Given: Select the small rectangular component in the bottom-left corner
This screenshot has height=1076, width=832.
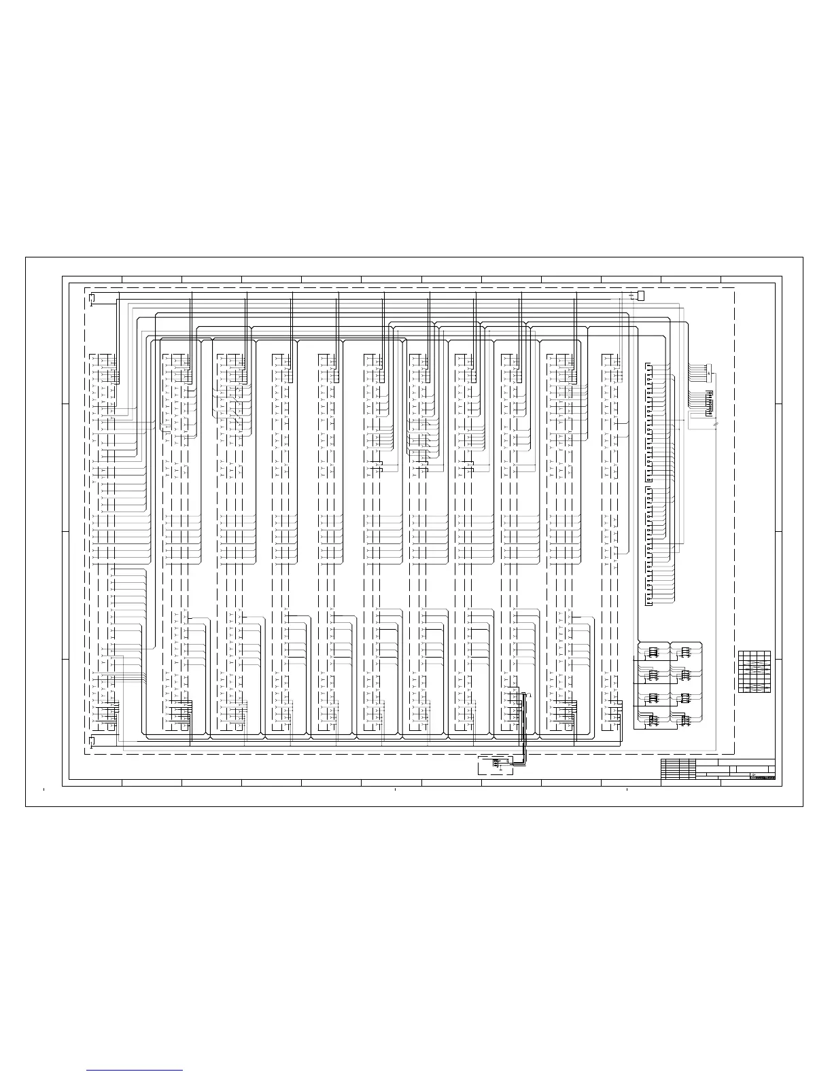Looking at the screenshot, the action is [92, 740].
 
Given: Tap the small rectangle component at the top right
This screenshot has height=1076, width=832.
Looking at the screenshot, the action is [640, 295].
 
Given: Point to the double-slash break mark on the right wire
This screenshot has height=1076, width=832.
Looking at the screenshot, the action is [715, 425].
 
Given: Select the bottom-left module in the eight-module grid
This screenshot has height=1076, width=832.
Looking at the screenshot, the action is [653, 719].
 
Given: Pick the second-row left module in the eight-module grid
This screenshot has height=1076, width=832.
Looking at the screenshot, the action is [653, 675].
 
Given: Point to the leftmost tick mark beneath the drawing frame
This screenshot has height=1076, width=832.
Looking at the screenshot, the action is [44, 790].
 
